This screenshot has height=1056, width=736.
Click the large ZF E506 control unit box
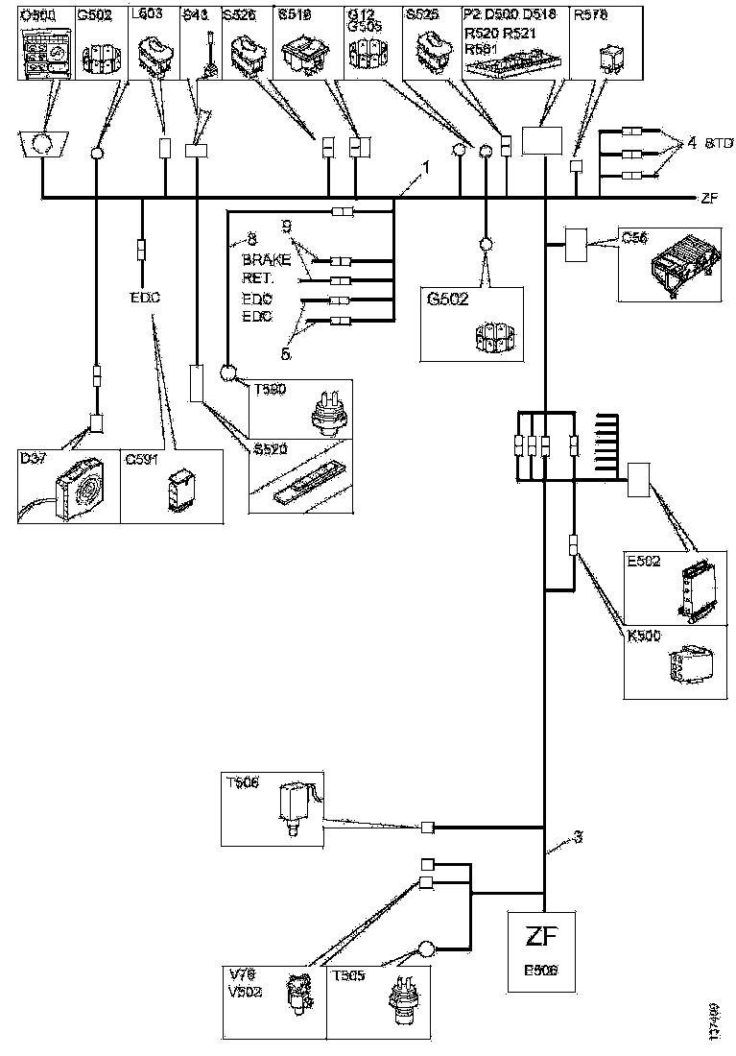pos(544,950)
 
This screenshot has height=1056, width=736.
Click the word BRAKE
pos(264,261)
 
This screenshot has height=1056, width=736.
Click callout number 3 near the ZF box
pos(579,837)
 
